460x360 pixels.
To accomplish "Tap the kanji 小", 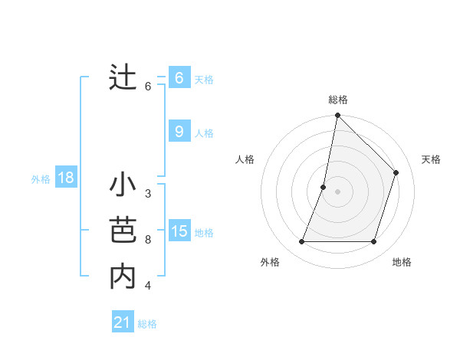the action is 123,187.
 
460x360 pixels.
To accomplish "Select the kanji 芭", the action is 123,231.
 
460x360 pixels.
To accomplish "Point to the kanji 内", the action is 123,276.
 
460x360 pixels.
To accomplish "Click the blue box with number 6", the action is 179,78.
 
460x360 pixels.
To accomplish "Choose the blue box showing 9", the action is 179,132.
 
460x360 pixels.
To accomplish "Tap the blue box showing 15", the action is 179,231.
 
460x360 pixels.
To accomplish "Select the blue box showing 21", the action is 123,322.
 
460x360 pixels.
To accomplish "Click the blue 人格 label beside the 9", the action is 204,133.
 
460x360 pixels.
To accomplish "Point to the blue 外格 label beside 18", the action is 41,179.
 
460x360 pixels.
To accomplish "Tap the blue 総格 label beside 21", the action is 147,324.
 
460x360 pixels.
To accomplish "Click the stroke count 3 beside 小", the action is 147,194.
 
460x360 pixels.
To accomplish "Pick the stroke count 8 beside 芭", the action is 147,240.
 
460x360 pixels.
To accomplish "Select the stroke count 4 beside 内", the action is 147,286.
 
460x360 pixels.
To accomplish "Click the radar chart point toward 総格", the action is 337,116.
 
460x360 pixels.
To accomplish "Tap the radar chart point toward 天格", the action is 396,172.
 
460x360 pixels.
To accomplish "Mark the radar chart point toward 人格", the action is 324,187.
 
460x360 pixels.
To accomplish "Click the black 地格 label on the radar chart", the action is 402,263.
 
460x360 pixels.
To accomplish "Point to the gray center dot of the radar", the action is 337,191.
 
